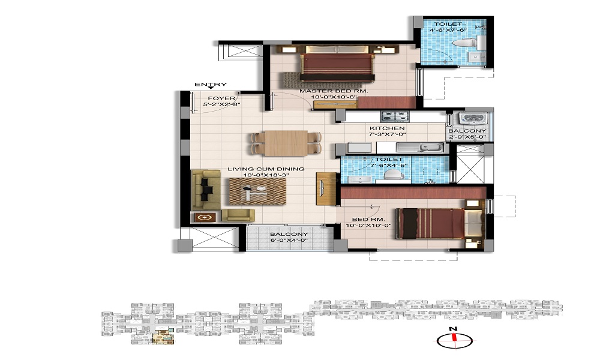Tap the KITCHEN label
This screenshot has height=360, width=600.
pos(386,128)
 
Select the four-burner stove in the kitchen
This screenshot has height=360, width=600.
pos(395,116)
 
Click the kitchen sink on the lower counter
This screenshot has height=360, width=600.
pos(414,147)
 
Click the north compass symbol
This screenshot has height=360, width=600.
pos(455,340)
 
